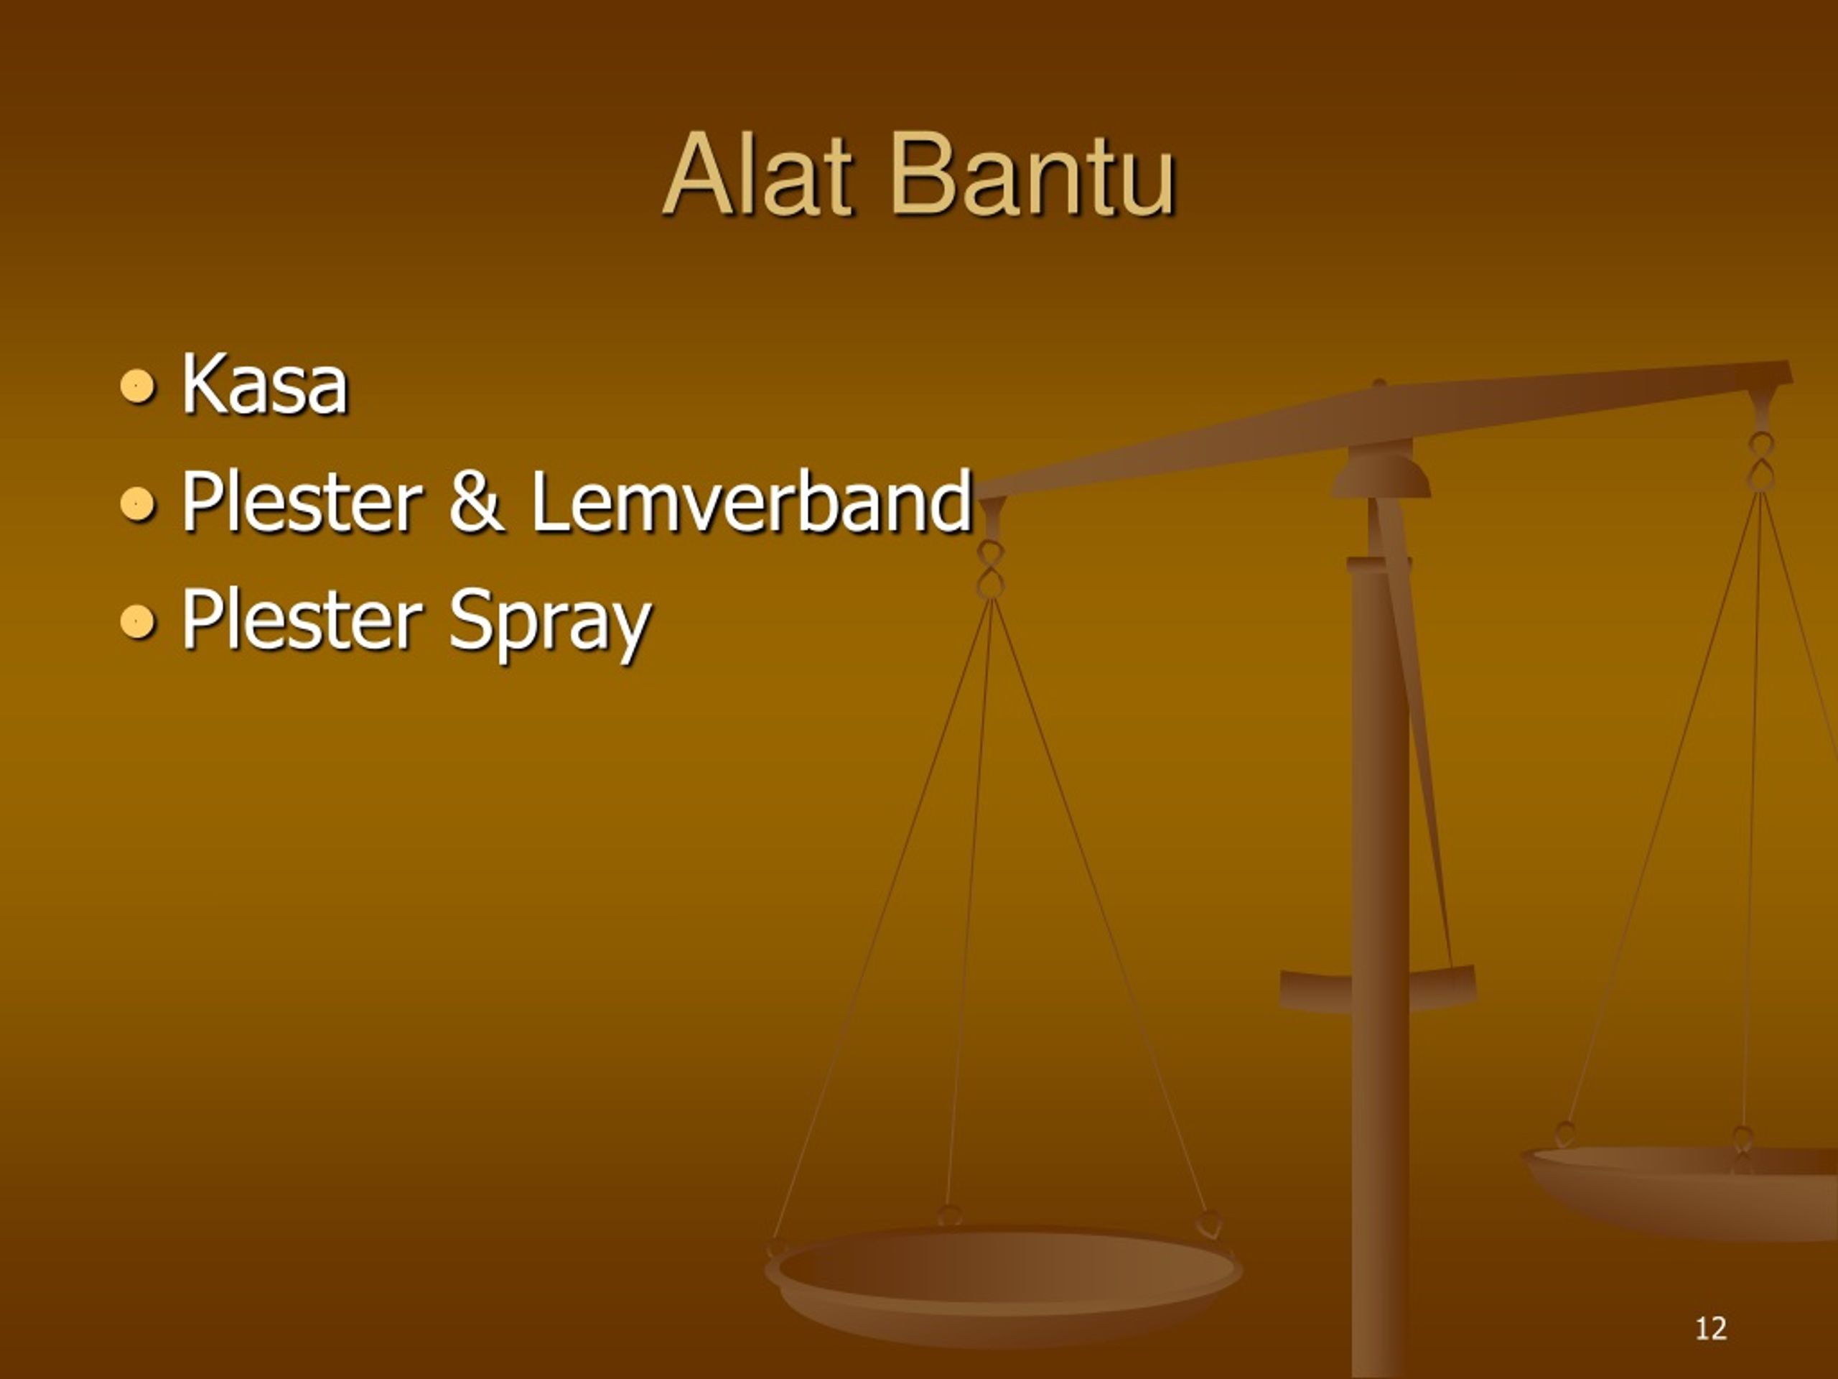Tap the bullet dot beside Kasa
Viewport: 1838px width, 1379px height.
tap(137, 386)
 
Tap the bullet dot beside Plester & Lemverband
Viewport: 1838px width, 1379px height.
tap(137, 503)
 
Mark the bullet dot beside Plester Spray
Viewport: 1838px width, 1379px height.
tap(137, 622)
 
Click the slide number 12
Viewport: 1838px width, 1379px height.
tap(1711, 1328)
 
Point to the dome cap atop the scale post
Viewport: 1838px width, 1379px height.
tap(1381, 474)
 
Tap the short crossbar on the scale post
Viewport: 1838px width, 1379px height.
tap(1378, 989)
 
